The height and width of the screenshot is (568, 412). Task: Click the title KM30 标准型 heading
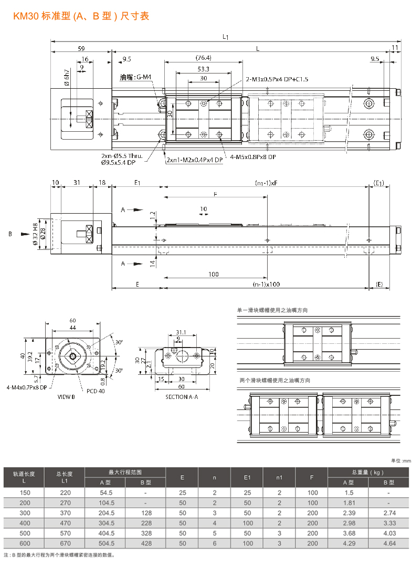point(81,16)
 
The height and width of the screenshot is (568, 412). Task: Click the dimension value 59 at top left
point(81,48)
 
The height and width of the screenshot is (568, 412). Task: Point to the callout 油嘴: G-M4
point(135,77)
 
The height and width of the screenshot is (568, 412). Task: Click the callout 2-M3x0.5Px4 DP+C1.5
point(277,79)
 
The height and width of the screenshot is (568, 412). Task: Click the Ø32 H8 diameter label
point(35,234)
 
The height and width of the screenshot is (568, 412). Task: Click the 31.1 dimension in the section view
point(181,332)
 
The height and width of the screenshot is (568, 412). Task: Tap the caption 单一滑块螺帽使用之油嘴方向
point(273,310)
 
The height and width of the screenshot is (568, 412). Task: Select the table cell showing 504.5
point(105,543)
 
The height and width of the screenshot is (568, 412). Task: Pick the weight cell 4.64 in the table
point(388,543)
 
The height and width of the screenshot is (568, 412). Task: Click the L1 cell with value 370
point(65,513)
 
